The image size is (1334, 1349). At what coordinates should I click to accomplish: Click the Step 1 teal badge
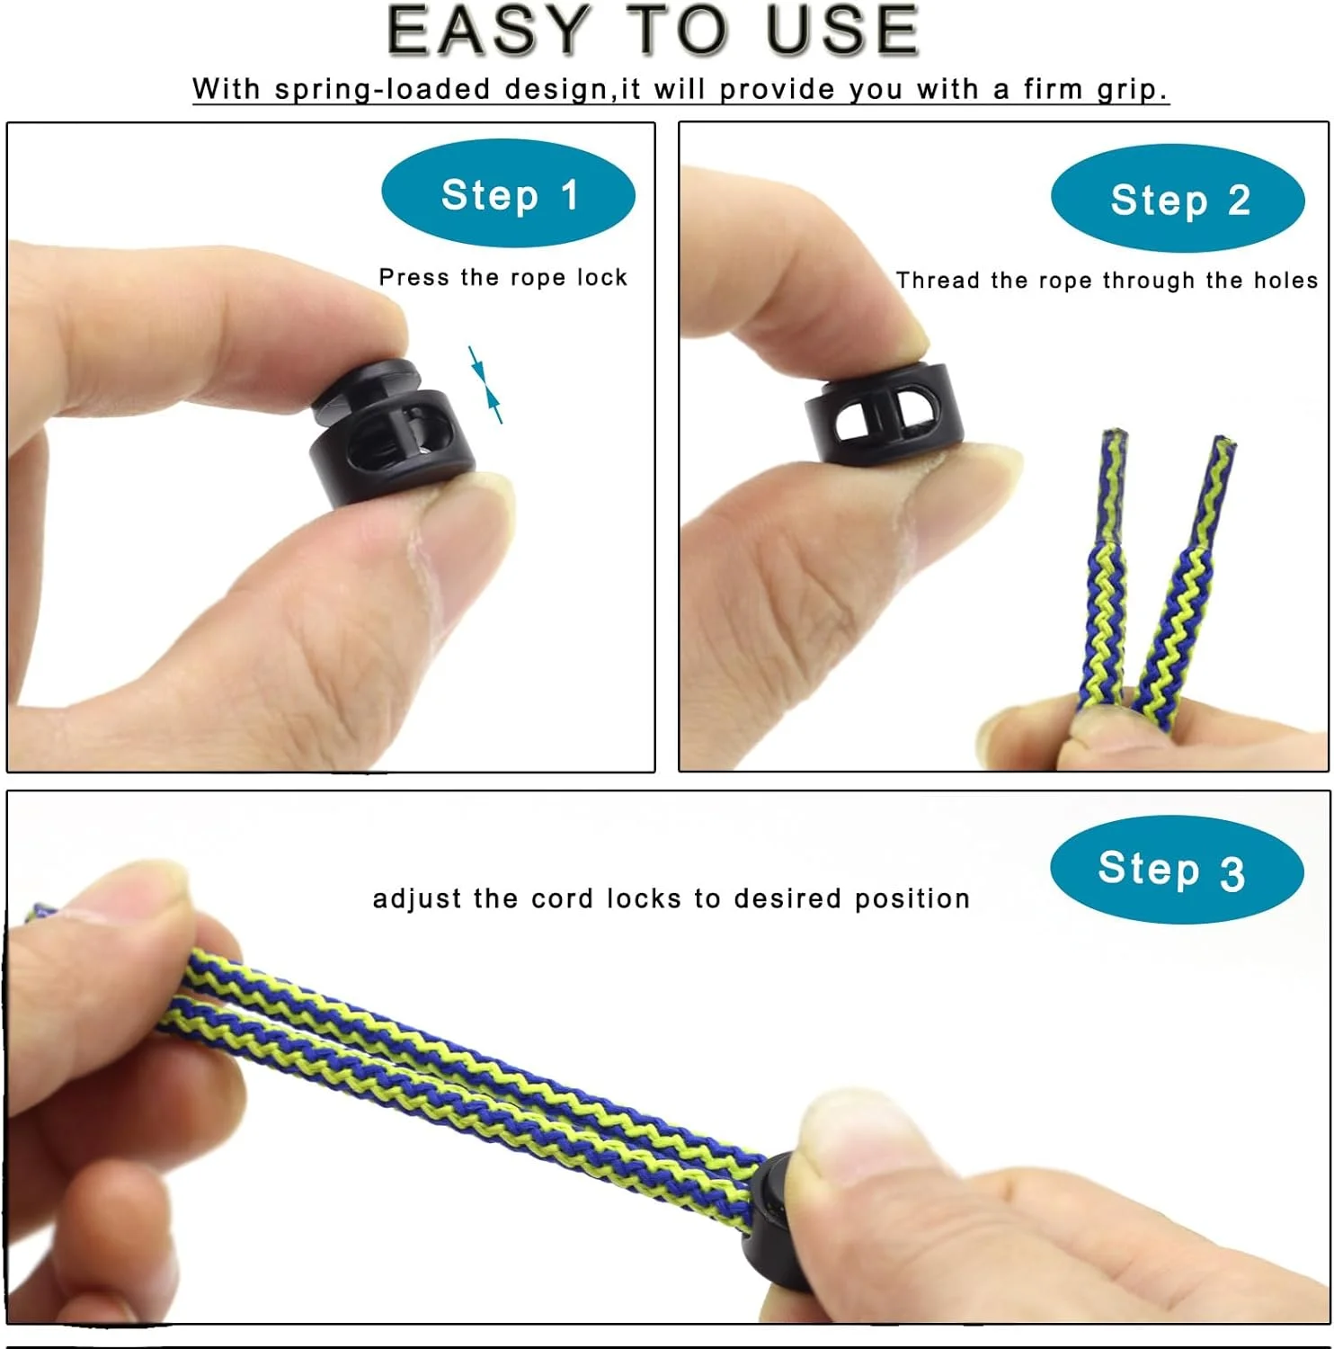(x=508, y=194)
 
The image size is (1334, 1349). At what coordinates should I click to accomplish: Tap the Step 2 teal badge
(x=1178, y=199)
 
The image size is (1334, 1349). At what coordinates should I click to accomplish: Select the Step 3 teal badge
(x=1177, y=870)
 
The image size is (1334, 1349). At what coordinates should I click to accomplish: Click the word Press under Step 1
(x=414, y=277)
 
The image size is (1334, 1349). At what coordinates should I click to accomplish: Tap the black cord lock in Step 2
(x=885, y=411)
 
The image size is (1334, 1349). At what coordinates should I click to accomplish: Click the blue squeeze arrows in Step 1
(x=485, y=384)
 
